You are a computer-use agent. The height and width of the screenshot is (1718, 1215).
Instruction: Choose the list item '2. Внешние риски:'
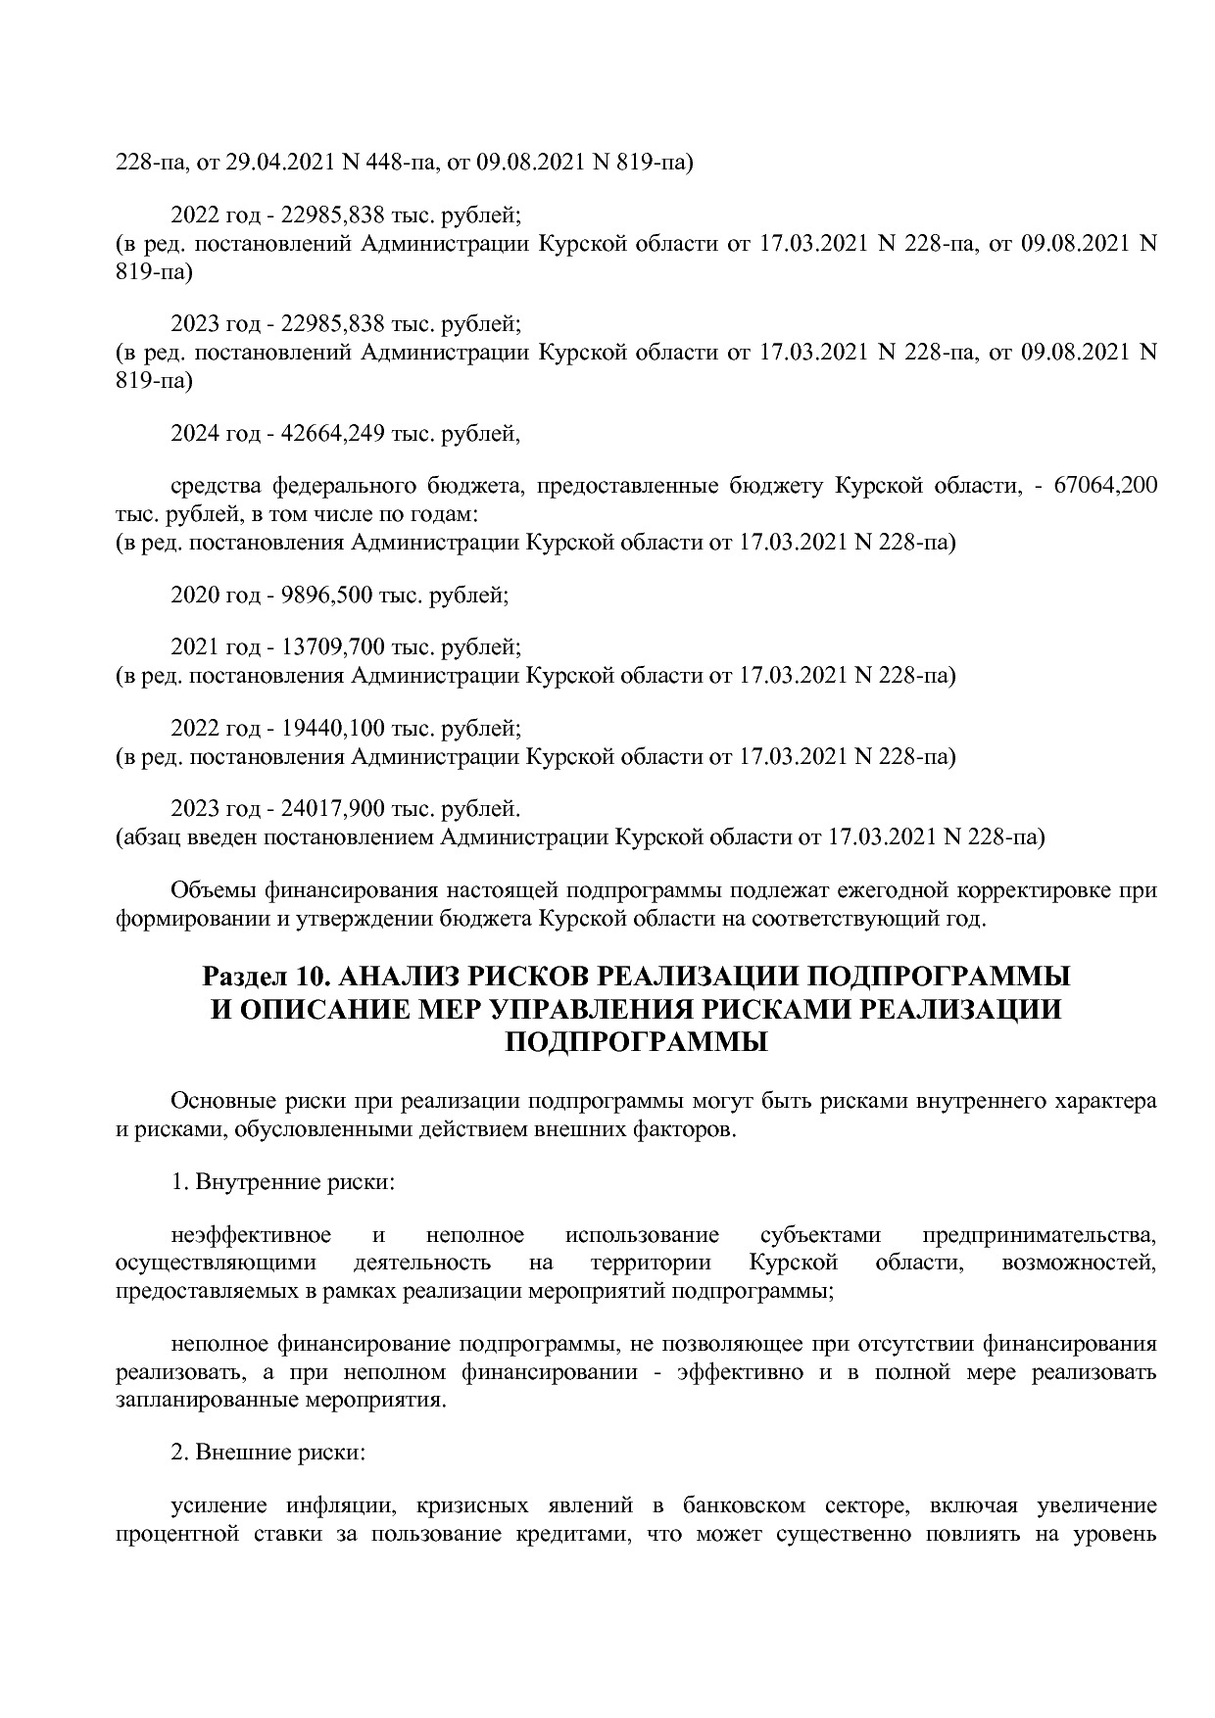(267, 1452)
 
